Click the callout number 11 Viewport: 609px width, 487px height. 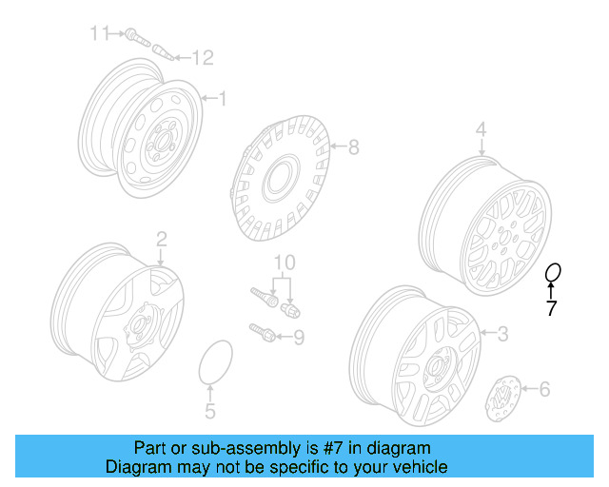pyautogui.click(x=100, y=33)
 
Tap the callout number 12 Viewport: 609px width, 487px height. pyautogui.click(x=203, y=58)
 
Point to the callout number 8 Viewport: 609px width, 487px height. pyautogui.click(x=353, y=146)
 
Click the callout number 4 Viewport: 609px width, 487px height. pyautogui.click(x=481, y=128)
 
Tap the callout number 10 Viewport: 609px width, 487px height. pyautogui.click(x=285, y=262)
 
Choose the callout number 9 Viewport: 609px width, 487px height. pyautogui.click(x=298, y=336)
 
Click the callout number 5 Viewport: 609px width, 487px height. pyautogui.click(x=210, y=411)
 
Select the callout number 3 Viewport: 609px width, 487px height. pyautogui.click(x=503, y=333)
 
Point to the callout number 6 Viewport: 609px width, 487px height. pyautogui.click(x=545, y=388)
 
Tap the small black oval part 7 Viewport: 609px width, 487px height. pyautogui.click(x=552, y=274)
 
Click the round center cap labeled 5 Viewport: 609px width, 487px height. pyautogui.click(x=215, y=364)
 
